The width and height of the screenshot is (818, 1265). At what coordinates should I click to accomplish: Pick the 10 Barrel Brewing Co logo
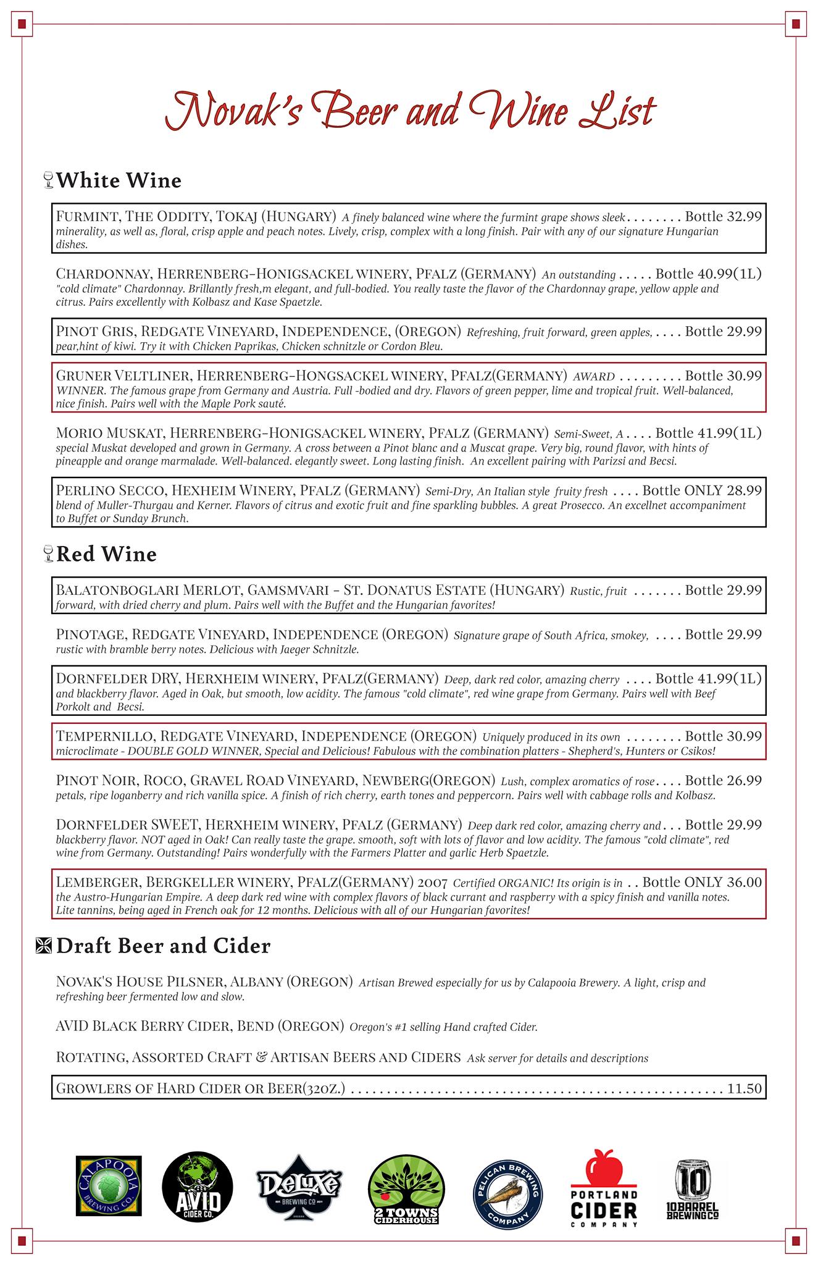tap(693, 1188)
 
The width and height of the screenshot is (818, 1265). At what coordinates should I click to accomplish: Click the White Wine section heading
tap(119, 180)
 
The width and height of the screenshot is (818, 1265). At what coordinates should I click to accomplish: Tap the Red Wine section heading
tap(106, 554)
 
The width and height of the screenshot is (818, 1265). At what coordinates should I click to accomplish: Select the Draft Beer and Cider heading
tap(163, 946)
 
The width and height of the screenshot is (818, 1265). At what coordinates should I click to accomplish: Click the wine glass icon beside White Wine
tap(49, 180)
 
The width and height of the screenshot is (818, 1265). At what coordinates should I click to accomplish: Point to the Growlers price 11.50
tap(745, 1088)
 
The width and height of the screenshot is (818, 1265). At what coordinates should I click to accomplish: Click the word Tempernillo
tap(103, 736)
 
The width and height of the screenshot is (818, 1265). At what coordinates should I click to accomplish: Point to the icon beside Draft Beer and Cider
tap(44, 946)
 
